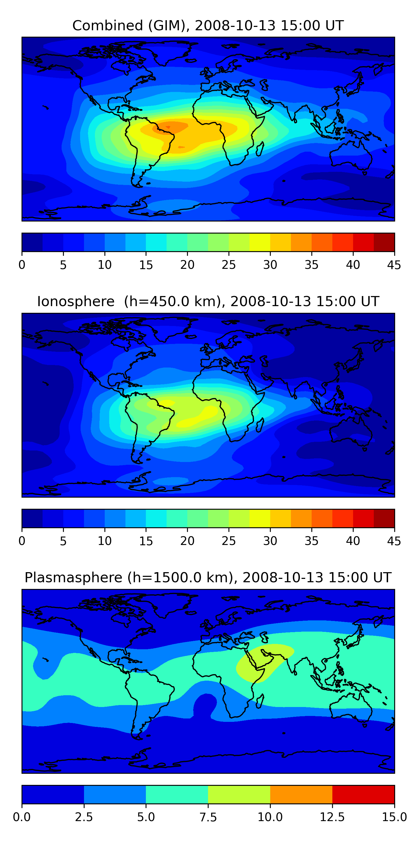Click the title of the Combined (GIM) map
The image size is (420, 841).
pyautogui.click(x=208, y=26)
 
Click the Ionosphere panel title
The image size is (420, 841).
pyautogui.click(x=208, y=301)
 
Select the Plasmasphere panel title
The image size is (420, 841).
pyautogui.click(x=208, y=577)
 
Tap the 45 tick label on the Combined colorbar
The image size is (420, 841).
pyautogui.click(x=394, y=265)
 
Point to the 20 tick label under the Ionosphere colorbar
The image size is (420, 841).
pyautogui.click(x=187, y=541)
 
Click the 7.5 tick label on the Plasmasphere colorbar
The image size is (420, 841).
pyautogui.click(x=208, y=817)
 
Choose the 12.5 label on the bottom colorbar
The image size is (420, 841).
pyautogui.click(x=332, y=817)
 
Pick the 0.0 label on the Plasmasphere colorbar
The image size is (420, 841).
pyautogui.click(x=22, y=817)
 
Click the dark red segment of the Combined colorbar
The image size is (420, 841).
pyautogui.click(x=384, y=242)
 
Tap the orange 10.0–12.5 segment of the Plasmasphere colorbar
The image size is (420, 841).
pyautogui.click(x=301, y=794)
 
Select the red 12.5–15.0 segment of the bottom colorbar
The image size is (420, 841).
pyautogui.click(x=363, y=794)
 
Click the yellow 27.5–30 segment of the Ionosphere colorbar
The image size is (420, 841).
pyautogui.click(x=260, y=518)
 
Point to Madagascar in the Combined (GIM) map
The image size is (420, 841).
pyautogui.click(x=260, y=149)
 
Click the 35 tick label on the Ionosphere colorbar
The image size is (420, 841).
pyautogui.click(x=311, y=541)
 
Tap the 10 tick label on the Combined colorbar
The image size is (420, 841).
pyautogui.click(x=105, y=265)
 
